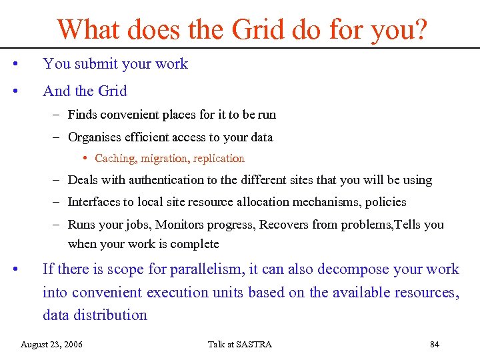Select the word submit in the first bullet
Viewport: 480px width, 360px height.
pyautogui.click(x=92, y=64)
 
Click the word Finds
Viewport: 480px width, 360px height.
pyautogui.click(x=82, y=115)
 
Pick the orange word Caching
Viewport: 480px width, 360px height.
pyautogui.click(x=115, y=159)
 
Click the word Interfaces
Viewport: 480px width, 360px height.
pyautogui.click(x=95, y=202)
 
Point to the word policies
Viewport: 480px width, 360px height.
pyautogui.click(x=385, y=202)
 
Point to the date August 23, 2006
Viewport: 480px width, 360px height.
pyautogui.click(x=52, y=344)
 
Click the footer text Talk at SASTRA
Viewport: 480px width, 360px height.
pyautogui.click(x=240, y=344)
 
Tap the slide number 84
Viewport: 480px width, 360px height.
pyautogui.click(x=435, y=344)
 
